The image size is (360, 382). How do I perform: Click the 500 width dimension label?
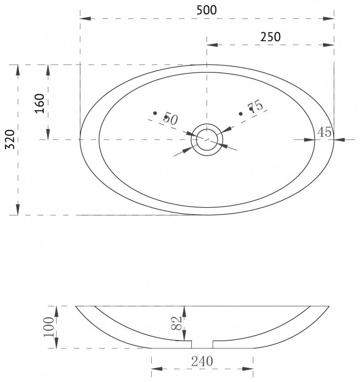click(x=206, y=10)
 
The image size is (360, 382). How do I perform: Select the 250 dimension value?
click(x=270, y=37)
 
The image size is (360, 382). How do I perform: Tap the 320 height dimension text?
click(x=11, y=139)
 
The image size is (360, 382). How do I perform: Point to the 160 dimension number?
click(x=40, y=103)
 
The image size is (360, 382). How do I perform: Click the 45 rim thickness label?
click(x=325, y=132)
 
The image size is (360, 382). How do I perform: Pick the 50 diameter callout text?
click(x=171, y=119)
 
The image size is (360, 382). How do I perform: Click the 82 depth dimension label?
click(x=177, y=323)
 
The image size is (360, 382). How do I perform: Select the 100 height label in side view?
click(x=49, y=327)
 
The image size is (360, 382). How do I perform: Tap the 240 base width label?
click(x=202, y=361)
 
